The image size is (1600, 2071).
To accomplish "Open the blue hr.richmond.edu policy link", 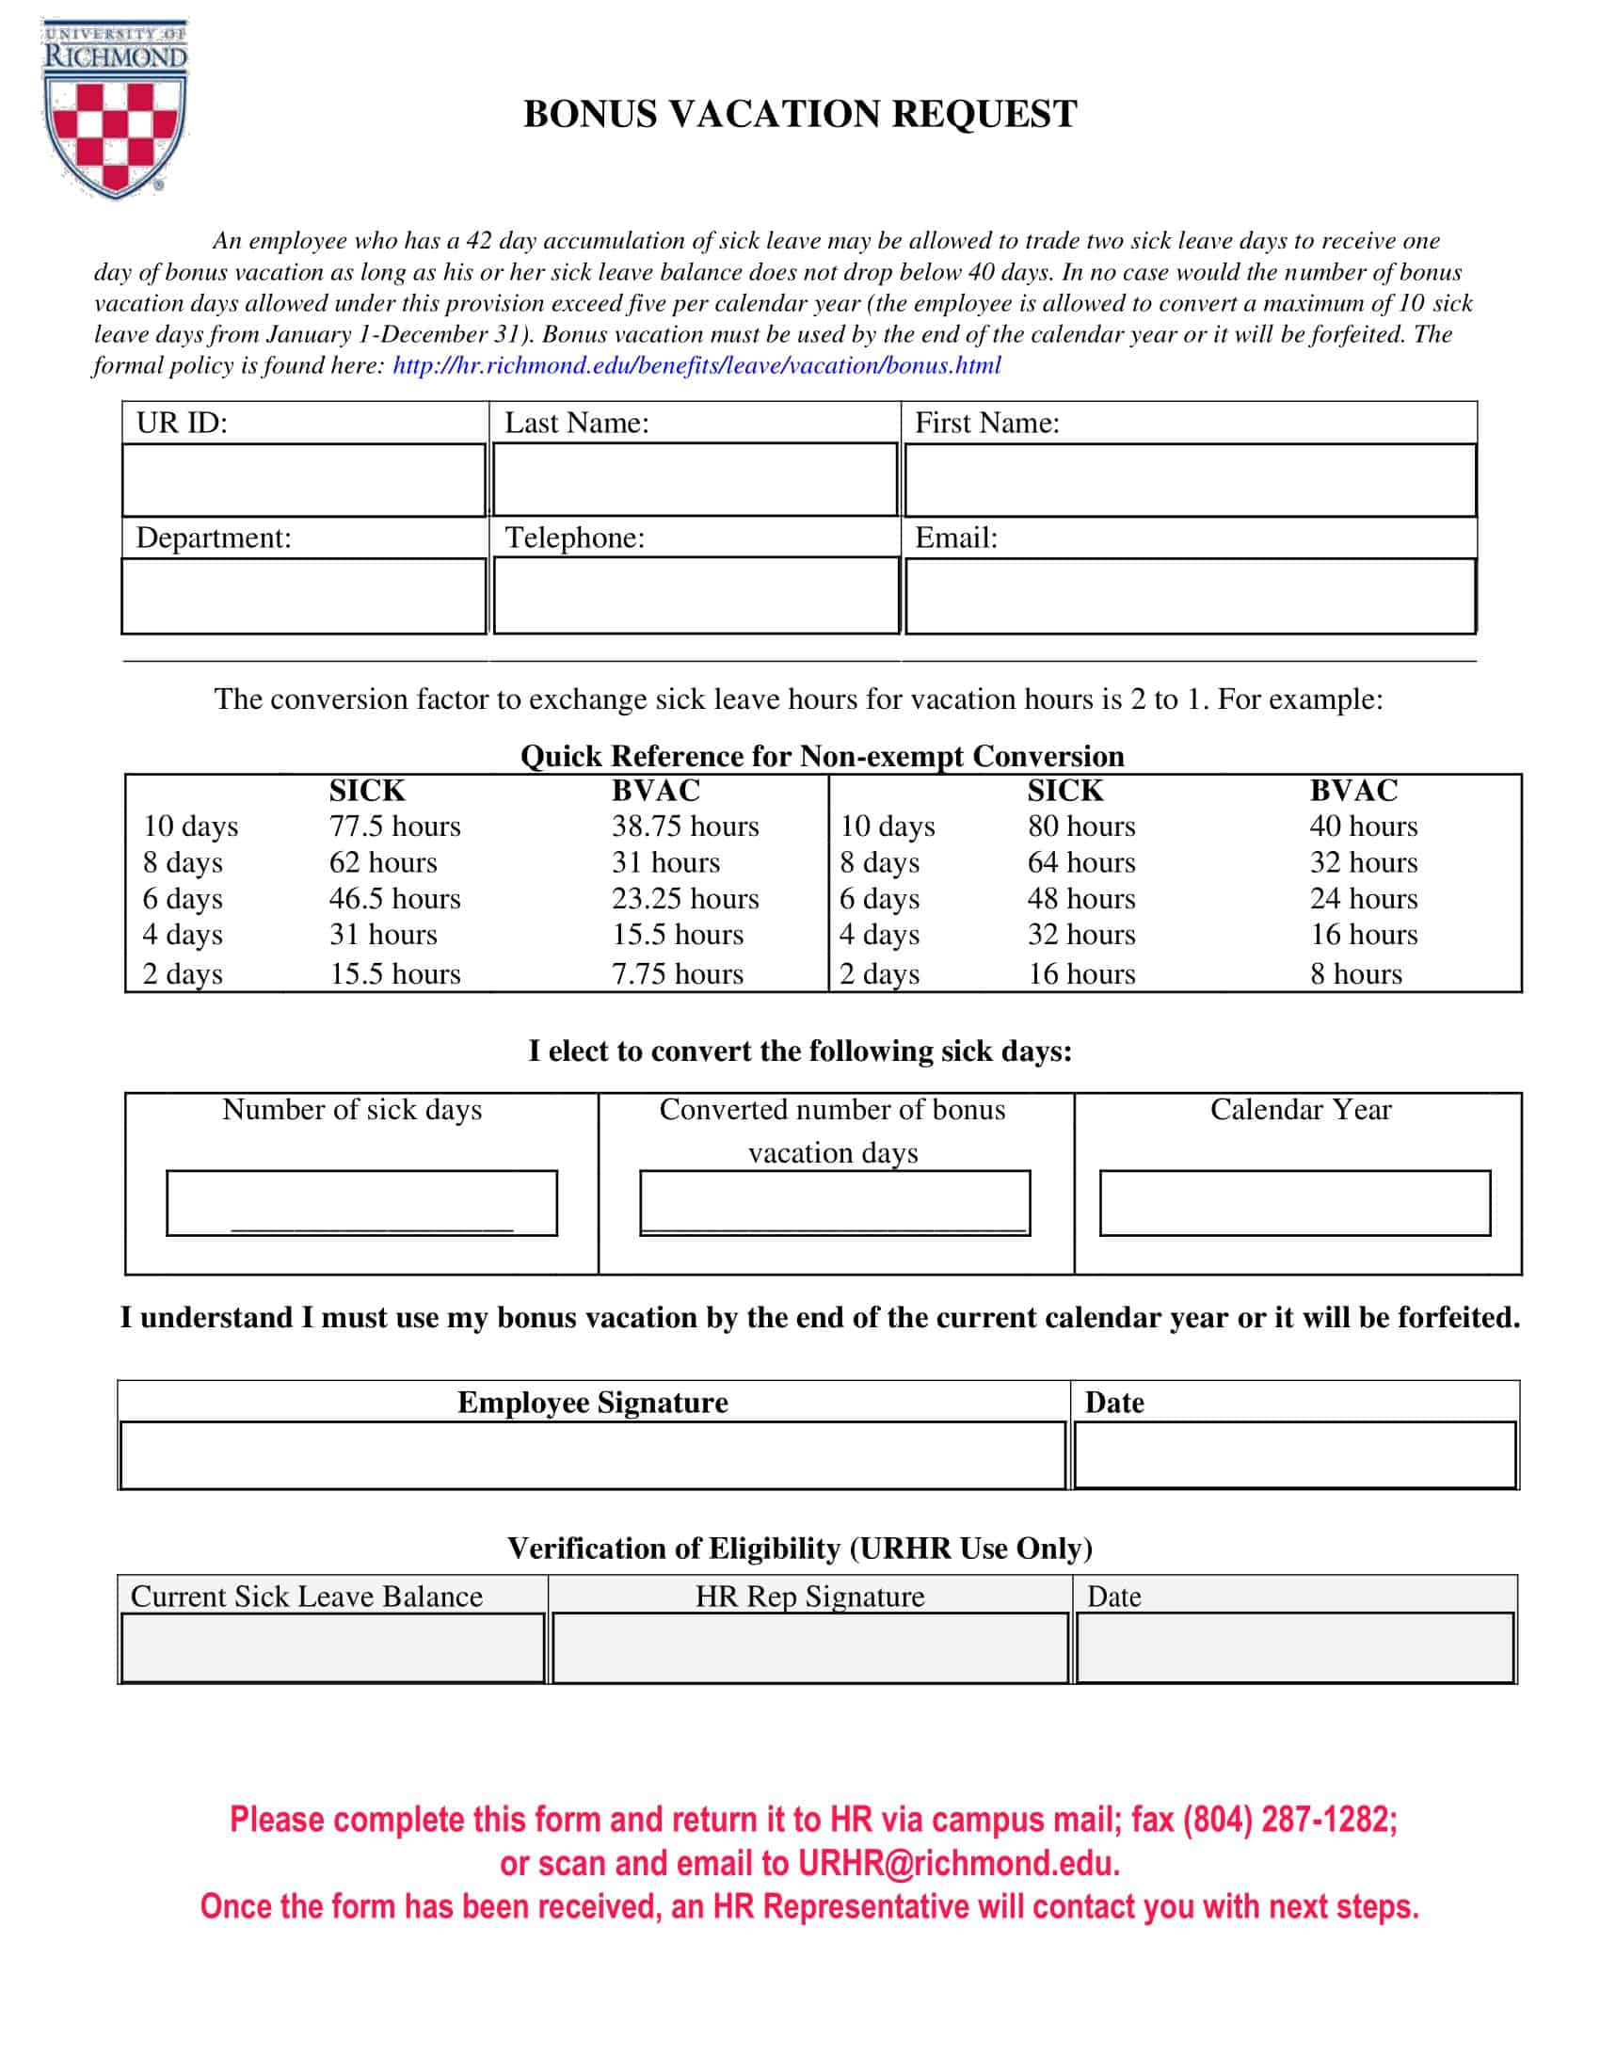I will pos(696,365).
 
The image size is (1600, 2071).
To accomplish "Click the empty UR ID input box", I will pos(303,480).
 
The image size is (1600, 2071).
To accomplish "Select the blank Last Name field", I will pos(695,480).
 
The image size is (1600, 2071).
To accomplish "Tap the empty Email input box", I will pos(1190,596).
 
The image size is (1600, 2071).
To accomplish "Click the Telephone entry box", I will pos(695,596).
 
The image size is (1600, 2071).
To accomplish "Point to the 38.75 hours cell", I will pos(684,826).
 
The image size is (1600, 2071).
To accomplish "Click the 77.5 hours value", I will pos(394,826).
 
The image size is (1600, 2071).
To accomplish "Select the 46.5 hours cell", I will pos(394,898).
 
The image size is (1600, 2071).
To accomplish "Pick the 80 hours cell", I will pos(1080,826).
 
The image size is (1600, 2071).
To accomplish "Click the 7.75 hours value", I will pos(677,973).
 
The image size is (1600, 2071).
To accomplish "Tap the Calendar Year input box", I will pos(1294,1202).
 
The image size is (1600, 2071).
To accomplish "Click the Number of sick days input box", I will pos(361,1202).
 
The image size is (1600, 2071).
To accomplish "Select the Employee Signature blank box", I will pos(592,1454).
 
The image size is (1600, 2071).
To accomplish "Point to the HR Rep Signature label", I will pos(808,1596).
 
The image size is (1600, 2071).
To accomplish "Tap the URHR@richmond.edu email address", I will pos(957,1863).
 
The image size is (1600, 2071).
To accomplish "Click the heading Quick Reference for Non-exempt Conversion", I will pos(822,756).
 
